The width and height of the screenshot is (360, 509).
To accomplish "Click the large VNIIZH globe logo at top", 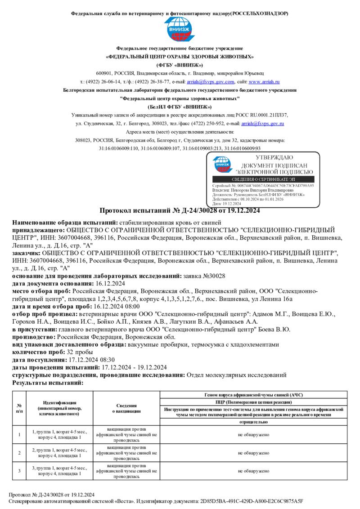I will pos(180,30).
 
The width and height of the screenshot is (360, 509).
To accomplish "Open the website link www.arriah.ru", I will pos(264,82).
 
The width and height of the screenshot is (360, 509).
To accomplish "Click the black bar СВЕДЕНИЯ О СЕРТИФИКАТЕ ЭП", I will pos(263,179).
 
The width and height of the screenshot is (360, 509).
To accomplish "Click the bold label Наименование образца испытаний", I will pos(64,223).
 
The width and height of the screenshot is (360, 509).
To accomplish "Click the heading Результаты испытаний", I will pos(48,382).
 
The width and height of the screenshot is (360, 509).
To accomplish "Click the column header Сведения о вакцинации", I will pos(126,408).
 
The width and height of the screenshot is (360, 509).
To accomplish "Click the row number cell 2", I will pos(19,453).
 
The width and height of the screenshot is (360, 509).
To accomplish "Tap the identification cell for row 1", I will pos(59,434).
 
